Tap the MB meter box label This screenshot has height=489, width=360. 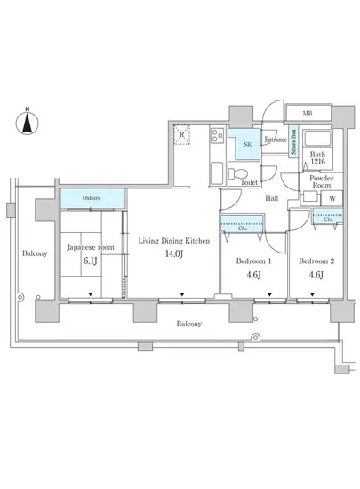(308, 113)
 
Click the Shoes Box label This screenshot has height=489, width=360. (293, 142)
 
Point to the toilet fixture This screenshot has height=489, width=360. (237, 173)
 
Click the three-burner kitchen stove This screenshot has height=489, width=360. (217, 135)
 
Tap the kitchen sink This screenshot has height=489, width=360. (217, 173)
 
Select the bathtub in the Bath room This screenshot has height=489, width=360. (317, 139)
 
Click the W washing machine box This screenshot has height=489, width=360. (332, 198)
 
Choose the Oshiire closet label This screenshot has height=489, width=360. (92, 197)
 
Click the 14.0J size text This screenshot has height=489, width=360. (174, 253)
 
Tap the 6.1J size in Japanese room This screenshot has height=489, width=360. (91, 261)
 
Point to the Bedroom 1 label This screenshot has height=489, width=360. (253, 261)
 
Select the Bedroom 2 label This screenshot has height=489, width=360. (316, 261)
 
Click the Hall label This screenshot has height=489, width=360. (271, 198)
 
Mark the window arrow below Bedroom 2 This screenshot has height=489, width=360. (312, 294)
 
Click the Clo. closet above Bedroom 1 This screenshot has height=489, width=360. (242, 223)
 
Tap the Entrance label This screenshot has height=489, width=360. (276, 140)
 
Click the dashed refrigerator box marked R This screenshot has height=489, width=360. (181, 135)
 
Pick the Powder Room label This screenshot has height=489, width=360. (322, 181)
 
